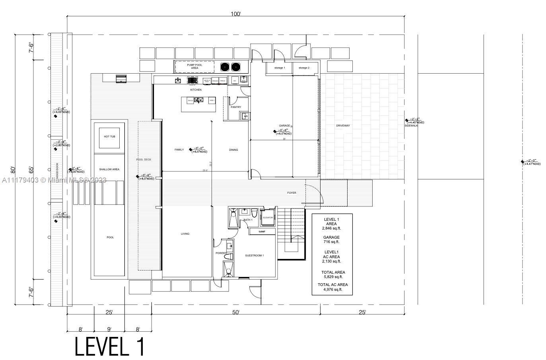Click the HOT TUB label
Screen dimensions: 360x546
pyautogui.click(x=109, y=136)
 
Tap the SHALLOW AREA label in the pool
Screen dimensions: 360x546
pyautogui.click(x=109, y=169)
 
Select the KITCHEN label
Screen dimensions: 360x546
pyautogui.click(x=196, y=90)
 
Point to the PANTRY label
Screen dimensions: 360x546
pyautogui.click(x=236, y=107)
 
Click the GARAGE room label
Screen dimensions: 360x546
pyautogui.click(x=284, y=126)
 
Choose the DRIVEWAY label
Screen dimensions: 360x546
pyautogui.click(x=343, y=126)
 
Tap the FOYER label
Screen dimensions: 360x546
pyautogui.click(x=291, y=193)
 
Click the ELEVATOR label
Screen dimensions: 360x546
pyautogui.click(x=268, y=218)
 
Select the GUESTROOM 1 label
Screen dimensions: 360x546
pyautogui.click(x=254, y=255)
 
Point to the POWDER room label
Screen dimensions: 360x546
pyautogui.click(x=221, y=253)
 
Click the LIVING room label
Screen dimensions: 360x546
pyautogui.click(x=185, y=234)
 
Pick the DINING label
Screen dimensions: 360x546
pyautogui.click(x=233, y=150)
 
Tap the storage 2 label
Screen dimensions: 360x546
pyautogui.click(x=304, y=68)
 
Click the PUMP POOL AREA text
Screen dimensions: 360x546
pyautogui.click(x=194, y=66)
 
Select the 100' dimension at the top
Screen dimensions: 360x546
pyautogui.click(x=236, y=14)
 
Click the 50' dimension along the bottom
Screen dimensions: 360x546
pyautogui.click(x=236, y=313)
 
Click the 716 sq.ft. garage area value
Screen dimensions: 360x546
pyautogui.click(x=332, y=242)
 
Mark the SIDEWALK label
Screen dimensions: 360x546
pyautogui.click(x=411, y=126)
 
